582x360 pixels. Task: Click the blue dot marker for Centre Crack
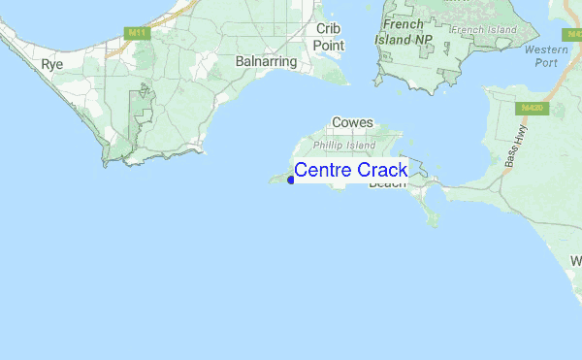point(291,179)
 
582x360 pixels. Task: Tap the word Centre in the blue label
point(323,171)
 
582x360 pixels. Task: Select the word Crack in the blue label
point(382,171)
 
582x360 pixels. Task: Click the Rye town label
point(51,64)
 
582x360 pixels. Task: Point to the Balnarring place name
point(264,60)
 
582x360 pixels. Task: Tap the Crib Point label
point(329,37)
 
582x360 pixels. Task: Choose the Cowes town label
point(352,123)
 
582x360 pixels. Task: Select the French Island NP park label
point(406,32)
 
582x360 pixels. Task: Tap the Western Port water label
point(545,56)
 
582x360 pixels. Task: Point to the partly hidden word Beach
point(388,183)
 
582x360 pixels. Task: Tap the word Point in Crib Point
point(329,45)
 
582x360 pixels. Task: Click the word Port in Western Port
point(546,63)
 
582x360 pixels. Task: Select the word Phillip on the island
point(328,146)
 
